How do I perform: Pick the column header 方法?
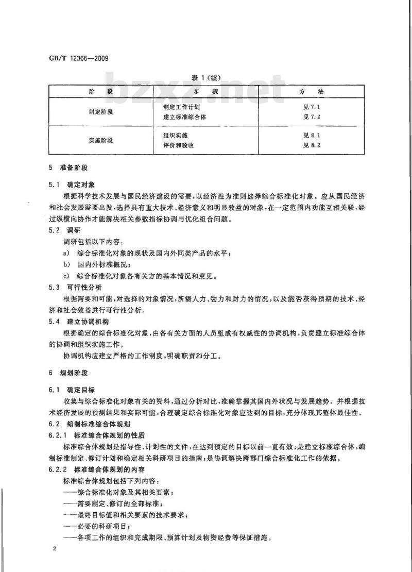click(314, 92)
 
